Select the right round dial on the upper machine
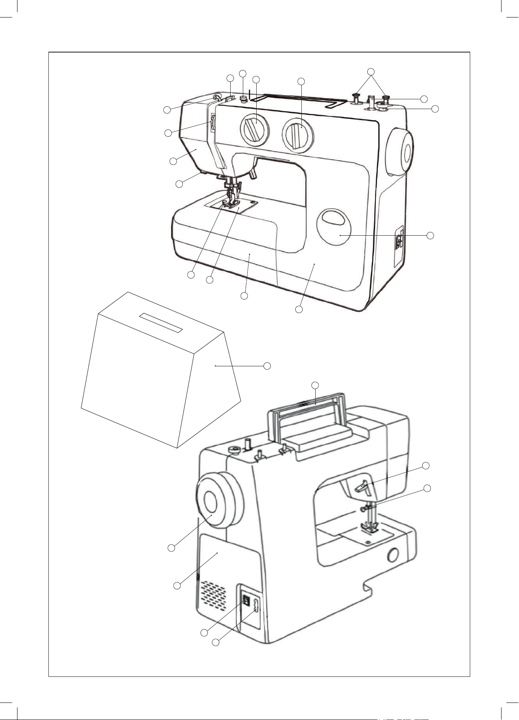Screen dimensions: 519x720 299,132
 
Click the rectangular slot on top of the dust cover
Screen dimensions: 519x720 161,323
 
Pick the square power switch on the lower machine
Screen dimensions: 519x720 246,600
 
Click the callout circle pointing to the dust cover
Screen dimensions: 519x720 267,366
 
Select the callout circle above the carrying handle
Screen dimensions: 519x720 315,385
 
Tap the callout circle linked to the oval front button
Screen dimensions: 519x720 430,236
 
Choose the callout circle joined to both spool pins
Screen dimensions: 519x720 371,72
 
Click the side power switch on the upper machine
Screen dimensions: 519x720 398,242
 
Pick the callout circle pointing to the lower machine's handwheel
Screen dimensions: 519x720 172,548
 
